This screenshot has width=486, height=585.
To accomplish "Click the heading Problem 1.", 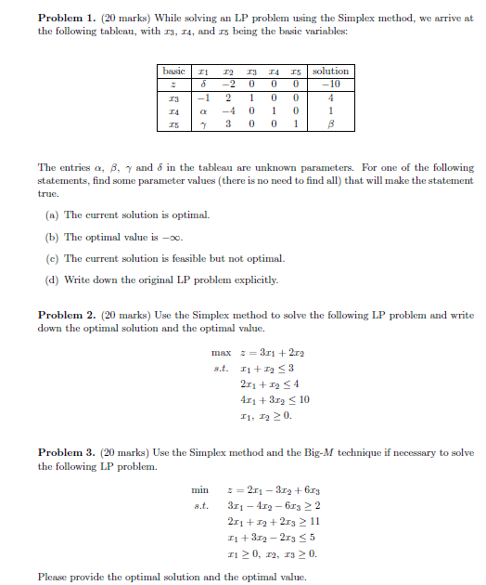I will pos(66,19).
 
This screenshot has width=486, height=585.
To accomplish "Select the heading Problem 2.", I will pos(66,316).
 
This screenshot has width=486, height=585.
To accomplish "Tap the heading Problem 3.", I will pos(66,452).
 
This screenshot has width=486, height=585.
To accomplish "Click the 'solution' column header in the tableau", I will pos(331,71).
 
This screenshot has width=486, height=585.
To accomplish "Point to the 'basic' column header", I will pos(173,71).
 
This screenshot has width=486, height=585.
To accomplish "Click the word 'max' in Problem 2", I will pos(221,353).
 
